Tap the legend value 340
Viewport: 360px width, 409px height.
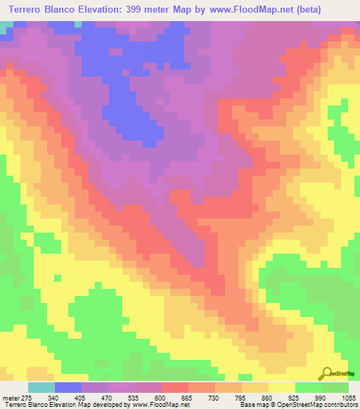pyautogui.click(x=55, y=397)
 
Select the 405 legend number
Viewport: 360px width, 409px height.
pyautogui.click(x=82, y=397)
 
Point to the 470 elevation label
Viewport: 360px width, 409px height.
pyautogui.click(x=108, y=397)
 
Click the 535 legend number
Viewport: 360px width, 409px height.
pyautogui.click(x=135, y=397)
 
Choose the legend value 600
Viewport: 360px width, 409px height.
pyautogui.click(x=162, y=397)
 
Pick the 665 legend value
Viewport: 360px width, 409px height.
pyautogui.click(x=188, y=397)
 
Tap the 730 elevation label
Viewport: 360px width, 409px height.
pyautogui.click(x=215, y=397)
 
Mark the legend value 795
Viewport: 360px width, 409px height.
pyautogui.click(x=242, y=397)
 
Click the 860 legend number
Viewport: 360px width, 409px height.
pyautogui.click(x=269, y=397)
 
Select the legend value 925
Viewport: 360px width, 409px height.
pyautogui.click(x=295, y=397)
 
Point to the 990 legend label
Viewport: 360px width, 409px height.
pyautogui.click(x=322, y=397)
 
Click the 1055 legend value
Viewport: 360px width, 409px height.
pyautogui.click(x=347, y=397)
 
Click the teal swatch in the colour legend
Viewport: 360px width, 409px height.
pyautogui.click(x=41, y=387)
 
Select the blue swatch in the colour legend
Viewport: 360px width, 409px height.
pyautogui.click(x=68, y=387)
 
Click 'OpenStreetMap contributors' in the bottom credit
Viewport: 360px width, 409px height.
pyautogui.click(x=321, y=405)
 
